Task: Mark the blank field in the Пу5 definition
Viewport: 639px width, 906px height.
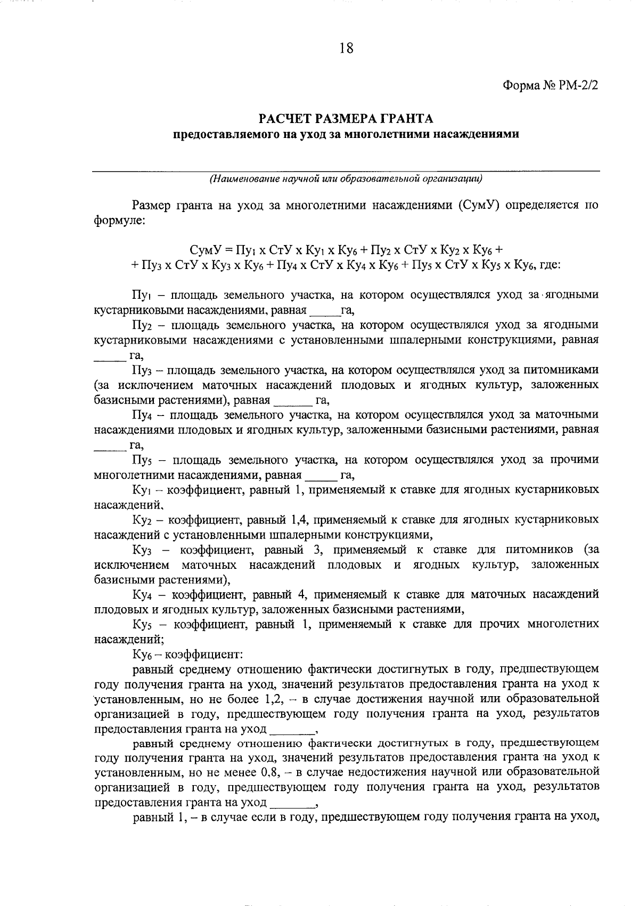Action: point(319,475)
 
